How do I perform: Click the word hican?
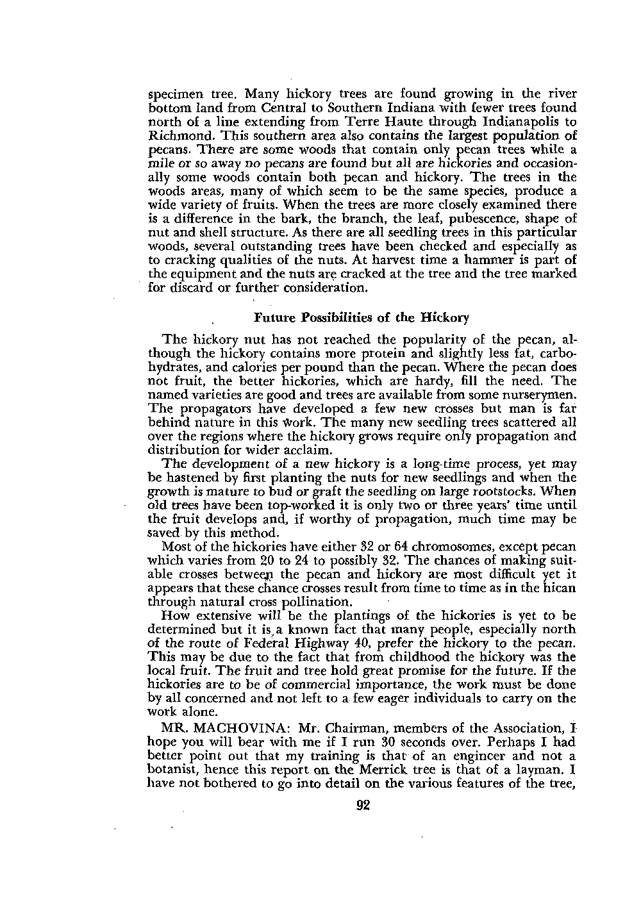point(560,588)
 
